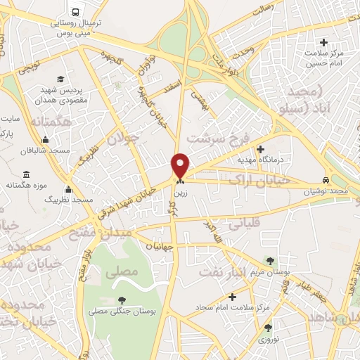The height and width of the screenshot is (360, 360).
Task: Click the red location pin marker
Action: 181,165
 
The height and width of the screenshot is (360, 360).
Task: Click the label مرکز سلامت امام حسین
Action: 324,58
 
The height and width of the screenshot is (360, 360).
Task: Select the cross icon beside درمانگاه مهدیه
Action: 261,149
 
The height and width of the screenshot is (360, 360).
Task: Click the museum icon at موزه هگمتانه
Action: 26,174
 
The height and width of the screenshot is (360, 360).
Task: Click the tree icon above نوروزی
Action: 267,327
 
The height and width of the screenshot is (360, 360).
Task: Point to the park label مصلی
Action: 108,269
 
